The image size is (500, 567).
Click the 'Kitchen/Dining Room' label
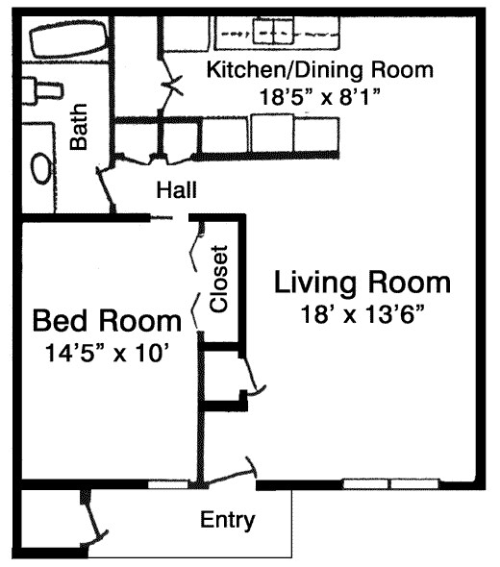pos(321,70)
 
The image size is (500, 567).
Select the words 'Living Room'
pos(362,283)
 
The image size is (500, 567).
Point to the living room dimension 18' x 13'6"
pos(362,314)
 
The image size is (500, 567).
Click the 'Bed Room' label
pos(106,320)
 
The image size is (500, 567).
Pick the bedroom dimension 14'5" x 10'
pos(107,353)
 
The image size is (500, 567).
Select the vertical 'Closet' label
pos(218,280)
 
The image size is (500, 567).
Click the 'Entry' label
pos(228,521)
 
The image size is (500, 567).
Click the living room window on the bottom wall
pos(391,482)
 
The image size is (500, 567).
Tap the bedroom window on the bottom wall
pos(166,482)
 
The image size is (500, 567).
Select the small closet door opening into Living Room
pos(254,376)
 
